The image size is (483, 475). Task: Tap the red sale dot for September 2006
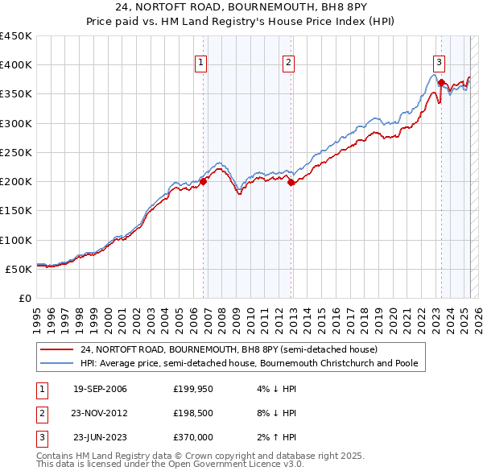(x=203, y=181)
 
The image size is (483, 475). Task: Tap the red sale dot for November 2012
(x=291, y=182)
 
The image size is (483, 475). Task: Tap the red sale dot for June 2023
(x=442, y=82)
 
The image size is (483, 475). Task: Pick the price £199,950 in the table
(x=192, y=390)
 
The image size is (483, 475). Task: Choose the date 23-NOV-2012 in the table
(x=101, y=413)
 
